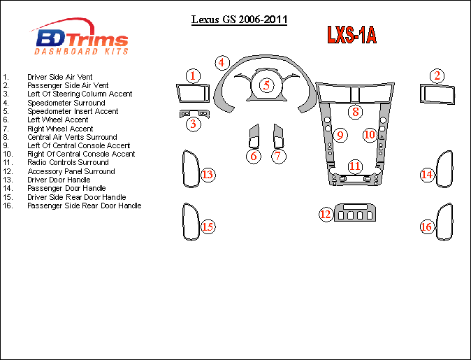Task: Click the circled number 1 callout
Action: pyautogui.click(x=193, y=75)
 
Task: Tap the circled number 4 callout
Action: pyautogui.click(x=222, y=62)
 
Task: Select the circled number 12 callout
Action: pyautogui.click(x=325, y=214)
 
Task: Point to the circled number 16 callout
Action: pyautogui.click(x=426, y=226)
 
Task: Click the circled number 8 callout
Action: pyautogui.click(x=355, y=111)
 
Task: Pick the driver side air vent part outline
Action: pyautogui.click(x=192, y=93)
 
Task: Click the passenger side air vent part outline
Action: pyautogui.click(x=436, y=93)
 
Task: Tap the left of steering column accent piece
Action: pyautogui.click(x=193, y=113)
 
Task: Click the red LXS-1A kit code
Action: pyautogui.click(x=352, y=35)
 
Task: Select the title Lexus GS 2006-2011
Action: pyautogui.click(x=239, y=20)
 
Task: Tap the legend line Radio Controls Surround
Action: pyautogui.click(x=68, y=162)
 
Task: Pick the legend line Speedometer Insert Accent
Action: pyautogui.click(x=73, y=111)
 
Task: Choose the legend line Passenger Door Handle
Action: pyautogui.click(x=66, y=188)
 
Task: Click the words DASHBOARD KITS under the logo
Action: pyautogui.click(x=82, y=52)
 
